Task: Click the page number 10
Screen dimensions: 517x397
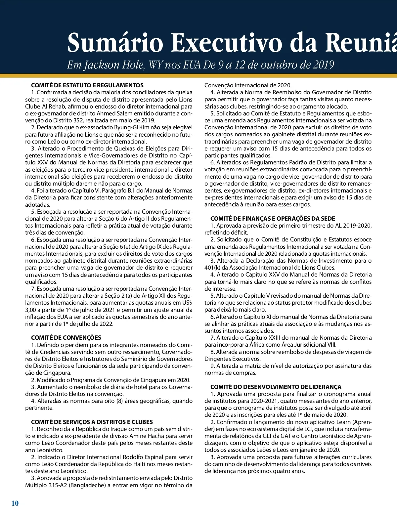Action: (x=15, y=503)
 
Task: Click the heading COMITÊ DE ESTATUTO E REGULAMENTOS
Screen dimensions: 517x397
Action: (x=87, y=85)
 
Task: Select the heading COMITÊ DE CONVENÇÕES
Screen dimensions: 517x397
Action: (x=66, y=338)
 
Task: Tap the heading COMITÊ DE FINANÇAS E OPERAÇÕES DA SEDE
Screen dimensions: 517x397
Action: (x=273, y=219)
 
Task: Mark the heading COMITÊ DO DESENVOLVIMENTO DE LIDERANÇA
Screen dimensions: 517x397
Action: (x=276, y=387)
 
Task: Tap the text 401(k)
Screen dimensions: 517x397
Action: (x=212, y=268)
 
